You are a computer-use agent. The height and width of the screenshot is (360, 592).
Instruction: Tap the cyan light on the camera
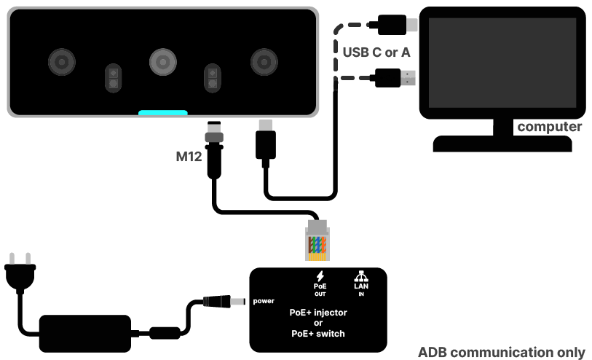click(x=163, y=113)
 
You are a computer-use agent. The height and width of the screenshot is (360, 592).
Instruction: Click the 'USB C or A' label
click(x=376, y=52)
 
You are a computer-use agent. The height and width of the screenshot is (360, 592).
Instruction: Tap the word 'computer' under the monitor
click(x=549, y=128)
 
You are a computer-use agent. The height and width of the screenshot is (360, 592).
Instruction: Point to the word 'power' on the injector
click(x=264, y=300)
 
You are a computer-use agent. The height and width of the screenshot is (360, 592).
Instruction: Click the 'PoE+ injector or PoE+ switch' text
click(x=318, y=323)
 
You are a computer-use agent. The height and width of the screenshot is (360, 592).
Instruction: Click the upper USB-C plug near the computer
click(x=393, y=26)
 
